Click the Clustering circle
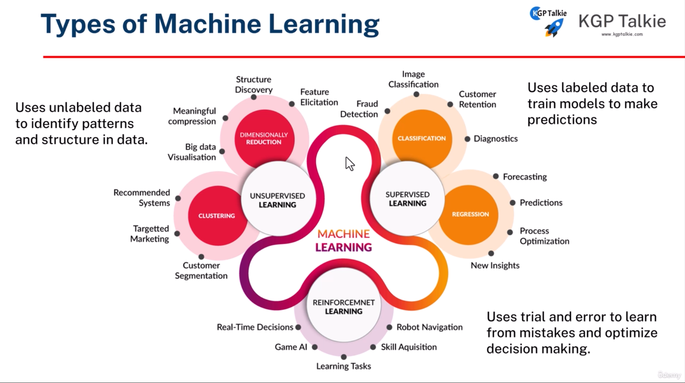217,215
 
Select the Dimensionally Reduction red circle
264,139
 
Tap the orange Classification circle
422,139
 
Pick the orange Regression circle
470,214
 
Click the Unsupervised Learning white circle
278,200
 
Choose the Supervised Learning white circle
407,199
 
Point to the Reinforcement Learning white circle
344,307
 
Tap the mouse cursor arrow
349,164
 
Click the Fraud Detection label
359,109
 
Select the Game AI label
291,347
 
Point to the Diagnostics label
495,139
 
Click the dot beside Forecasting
496,176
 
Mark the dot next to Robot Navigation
389,327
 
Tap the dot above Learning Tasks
344,357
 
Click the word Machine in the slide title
207,24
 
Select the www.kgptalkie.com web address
622,34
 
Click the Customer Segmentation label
201,271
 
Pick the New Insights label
495,266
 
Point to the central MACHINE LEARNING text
344,240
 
